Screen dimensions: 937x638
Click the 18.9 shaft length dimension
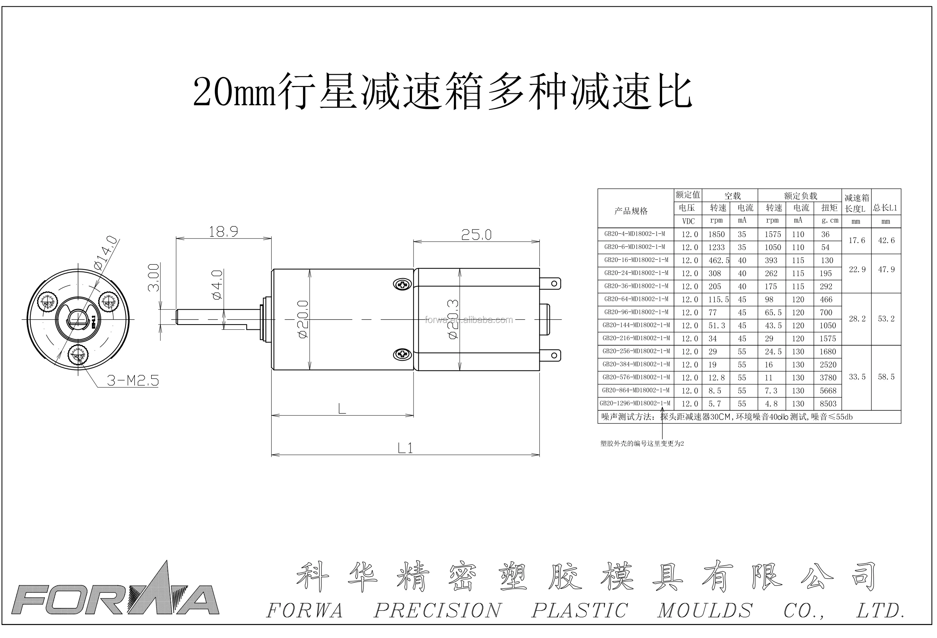[x=223, y=232]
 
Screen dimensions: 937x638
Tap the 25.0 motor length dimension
[x=476, y=235]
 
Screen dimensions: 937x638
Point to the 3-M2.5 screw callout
[x=133, y=380]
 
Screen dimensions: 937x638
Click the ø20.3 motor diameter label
[x=453, y=319]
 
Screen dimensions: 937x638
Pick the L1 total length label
[x=405, y=448]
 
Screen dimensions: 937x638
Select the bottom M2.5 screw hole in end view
[x=78, y=355]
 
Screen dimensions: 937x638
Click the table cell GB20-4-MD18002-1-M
[x=635, y=234]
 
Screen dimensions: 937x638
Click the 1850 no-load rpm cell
[x=717, y=234]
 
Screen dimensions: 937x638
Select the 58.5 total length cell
[x=886, y=377]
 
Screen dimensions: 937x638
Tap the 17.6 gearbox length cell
[x=857, y=240]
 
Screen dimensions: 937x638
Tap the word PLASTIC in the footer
[x=579, y=610]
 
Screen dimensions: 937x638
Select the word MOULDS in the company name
[x=705, y=610]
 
